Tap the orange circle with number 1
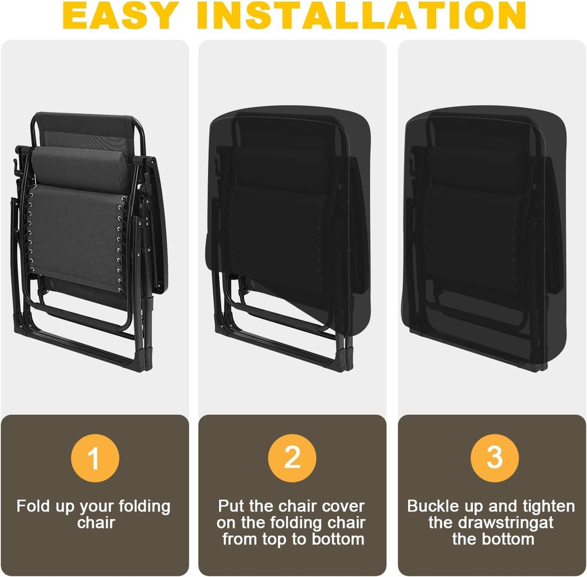click(95, 458)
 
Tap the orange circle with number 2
click(292, 458)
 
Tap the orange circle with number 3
click(494, 458)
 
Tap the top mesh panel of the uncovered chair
click(83, 129)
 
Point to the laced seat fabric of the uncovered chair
click(77, 229)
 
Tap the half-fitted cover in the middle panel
click(287, 201)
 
